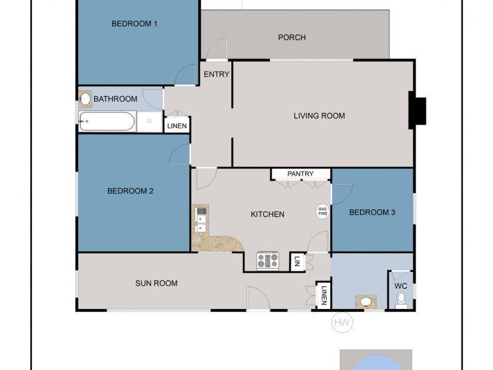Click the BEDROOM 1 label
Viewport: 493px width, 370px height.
coord(134,24)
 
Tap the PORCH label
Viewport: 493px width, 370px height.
coord(291,38)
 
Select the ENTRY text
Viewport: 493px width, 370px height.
coord(216,75)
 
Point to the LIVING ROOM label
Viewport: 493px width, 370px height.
coord(319,116)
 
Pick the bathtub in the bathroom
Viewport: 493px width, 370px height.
coord(107,121)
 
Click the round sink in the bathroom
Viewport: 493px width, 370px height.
coord(86,99)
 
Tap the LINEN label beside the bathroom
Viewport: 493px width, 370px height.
coord(177,126)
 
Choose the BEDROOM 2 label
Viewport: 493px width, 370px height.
coord(130,191)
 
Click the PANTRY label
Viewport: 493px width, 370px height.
coord(300,174)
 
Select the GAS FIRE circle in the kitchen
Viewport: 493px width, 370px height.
coord(322,211)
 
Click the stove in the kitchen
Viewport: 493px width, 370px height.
coord(268,261)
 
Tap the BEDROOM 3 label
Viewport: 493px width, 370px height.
coord(372,213)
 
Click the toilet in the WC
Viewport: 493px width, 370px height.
coord(401,300)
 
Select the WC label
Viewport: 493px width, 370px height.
coord(401,286)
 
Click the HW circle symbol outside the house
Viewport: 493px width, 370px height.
coord(342,323)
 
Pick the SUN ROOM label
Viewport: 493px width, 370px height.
coord(157,284)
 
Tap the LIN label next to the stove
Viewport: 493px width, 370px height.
coord(298,261)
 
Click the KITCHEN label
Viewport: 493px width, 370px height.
coord(267,215)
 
